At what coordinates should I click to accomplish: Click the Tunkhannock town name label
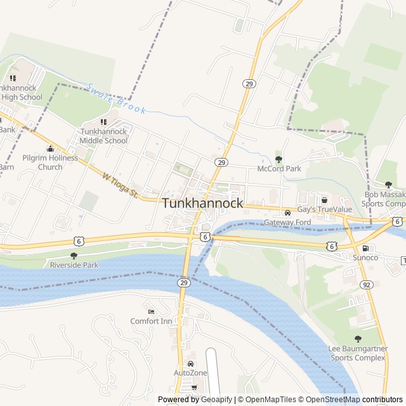click(x=203, y=204)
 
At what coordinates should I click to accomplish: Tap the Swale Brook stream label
click(x=117, y=100)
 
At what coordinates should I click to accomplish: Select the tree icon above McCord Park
click(x=278, y=159)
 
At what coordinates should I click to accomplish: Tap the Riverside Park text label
click(x=74, y=265)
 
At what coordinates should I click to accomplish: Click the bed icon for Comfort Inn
click(x=151, y=311)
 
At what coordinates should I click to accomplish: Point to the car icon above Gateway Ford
click(x=287, y=213)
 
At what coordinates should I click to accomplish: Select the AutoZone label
click(x=190, y=372)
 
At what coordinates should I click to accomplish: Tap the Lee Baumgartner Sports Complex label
click(x=357, y=353)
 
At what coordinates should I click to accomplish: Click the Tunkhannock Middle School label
click(x=103, y=136)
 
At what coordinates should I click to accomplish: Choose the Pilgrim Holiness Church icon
click(x=50, y=148)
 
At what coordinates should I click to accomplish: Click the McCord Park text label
click(x=279, y=169)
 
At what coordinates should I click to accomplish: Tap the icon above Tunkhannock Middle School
click(x=103, y=122)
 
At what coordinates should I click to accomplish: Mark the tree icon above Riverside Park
click(x=74, y=256)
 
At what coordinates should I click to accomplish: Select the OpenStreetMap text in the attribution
click(x=333, y=400)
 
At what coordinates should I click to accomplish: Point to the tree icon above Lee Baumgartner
click(x=357, y=339)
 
